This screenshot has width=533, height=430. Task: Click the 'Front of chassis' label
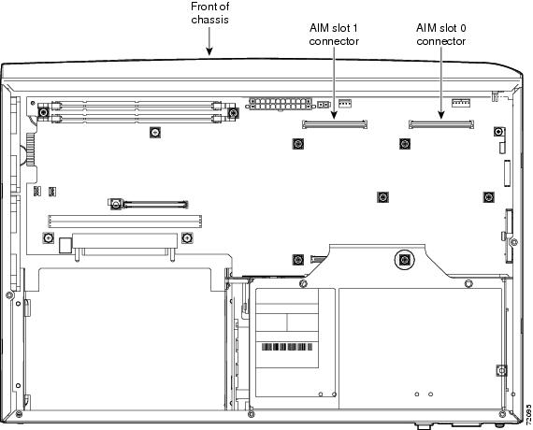[209, 13]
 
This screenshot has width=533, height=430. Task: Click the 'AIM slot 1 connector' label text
[334, 35]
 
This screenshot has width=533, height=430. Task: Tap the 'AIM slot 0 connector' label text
[440, 35]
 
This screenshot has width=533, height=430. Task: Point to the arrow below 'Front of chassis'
[209, 41]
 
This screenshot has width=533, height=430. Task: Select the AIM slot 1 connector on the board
[335, 124]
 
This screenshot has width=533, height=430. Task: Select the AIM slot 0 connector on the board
[441, 124]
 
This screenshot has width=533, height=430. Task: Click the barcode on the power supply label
[287, 347]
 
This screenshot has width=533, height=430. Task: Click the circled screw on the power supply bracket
[404, 261]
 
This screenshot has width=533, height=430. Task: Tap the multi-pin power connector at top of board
[281, 104]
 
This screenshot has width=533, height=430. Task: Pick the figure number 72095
[528, 414]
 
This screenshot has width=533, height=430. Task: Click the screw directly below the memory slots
[155, 132]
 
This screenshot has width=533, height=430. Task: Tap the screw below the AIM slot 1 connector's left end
[297, 144]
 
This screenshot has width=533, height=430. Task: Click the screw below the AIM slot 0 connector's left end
[405, 144]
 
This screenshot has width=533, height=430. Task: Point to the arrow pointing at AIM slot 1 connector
[334, 83]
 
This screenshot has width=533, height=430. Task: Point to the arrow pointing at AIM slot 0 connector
[441, 83]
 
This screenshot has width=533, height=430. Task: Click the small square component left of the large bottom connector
[65, 245]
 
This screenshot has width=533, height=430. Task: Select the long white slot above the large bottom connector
[124, 222]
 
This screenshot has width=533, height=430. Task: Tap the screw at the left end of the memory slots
[43, 112]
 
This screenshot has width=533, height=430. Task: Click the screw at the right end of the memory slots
[233, 112]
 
